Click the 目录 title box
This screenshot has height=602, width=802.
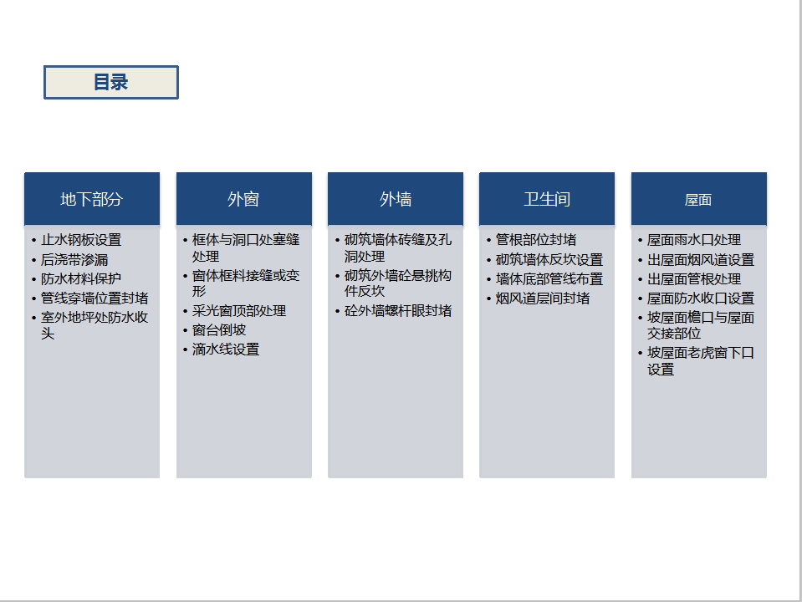[x=111, y=82]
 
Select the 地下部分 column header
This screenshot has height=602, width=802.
[x=92, y=199]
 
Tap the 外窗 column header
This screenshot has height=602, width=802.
[x=244, y=199]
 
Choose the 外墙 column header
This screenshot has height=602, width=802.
[x=396, y=199]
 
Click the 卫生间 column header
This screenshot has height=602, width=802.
[x=547, y=199]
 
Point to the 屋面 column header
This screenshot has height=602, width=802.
[x=698, y=199]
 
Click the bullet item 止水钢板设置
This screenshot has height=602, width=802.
[x=81, y=240]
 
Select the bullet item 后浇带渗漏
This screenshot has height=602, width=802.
[x=74, y=260]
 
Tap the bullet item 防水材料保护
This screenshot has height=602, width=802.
[x=81, y=278]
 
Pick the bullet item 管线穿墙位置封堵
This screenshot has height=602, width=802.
[x=95, y=298]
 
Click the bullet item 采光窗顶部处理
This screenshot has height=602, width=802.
[x=239, y=311]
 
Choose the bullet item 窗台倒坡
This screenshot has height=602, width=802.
[x=219, y=330]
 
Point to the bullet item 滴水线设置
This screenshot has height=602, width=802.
[x=226, y=349]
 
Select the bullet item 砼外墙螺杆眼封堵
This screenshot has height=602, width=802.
[x=398, y=311]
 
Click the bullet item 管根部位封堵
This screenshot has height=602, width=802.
[x=536, y=240]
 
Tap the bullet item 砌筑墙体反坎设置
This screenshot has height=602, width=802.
[x=549, y=260]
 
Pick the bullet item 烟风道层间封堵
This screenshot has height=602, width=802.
[x=543, y=298]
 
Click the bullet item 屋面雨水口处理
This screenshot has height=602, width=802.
[x=694, y=240]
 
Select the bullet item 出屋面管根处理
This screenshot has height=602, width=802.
[x=694, y=278]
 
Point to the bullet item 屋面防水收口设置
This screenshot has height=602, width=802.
[x=701, y=298]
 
